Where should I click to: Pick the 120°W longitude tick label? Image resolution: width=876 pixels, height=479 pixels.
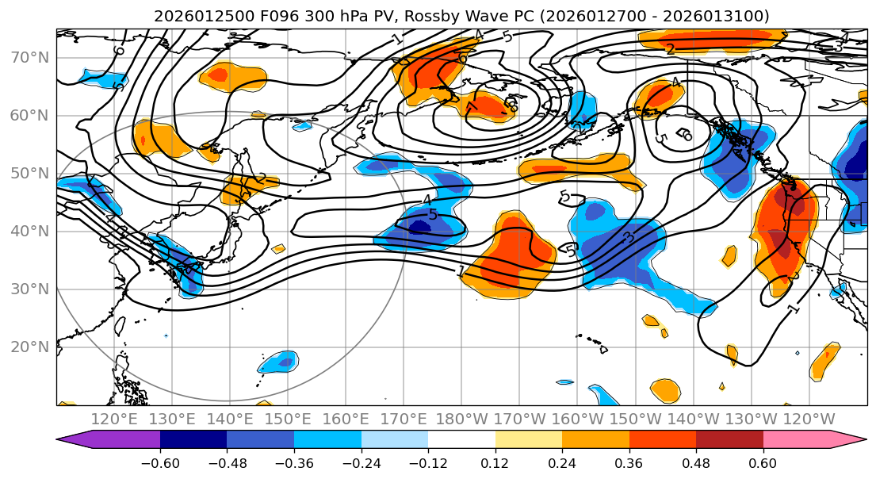[809, 419]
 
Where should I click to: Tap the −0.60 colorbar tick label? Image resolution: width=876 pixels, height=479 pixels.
[159, 462]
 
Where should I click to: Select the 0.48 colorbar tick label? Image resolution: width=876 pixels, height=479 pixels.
[696, 462]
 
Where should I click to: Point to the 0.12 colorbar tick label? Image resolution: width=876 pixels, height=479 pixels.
[495, 462]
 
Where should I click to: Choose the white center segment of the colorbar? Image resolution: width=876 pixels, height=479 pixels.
[461, 439]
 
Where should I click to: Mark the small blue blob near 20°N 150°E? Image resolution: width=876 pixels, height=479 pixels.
[278, 362]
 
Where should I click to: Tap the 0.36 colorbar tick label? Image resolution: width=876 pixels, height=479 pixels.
[629, 462]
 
